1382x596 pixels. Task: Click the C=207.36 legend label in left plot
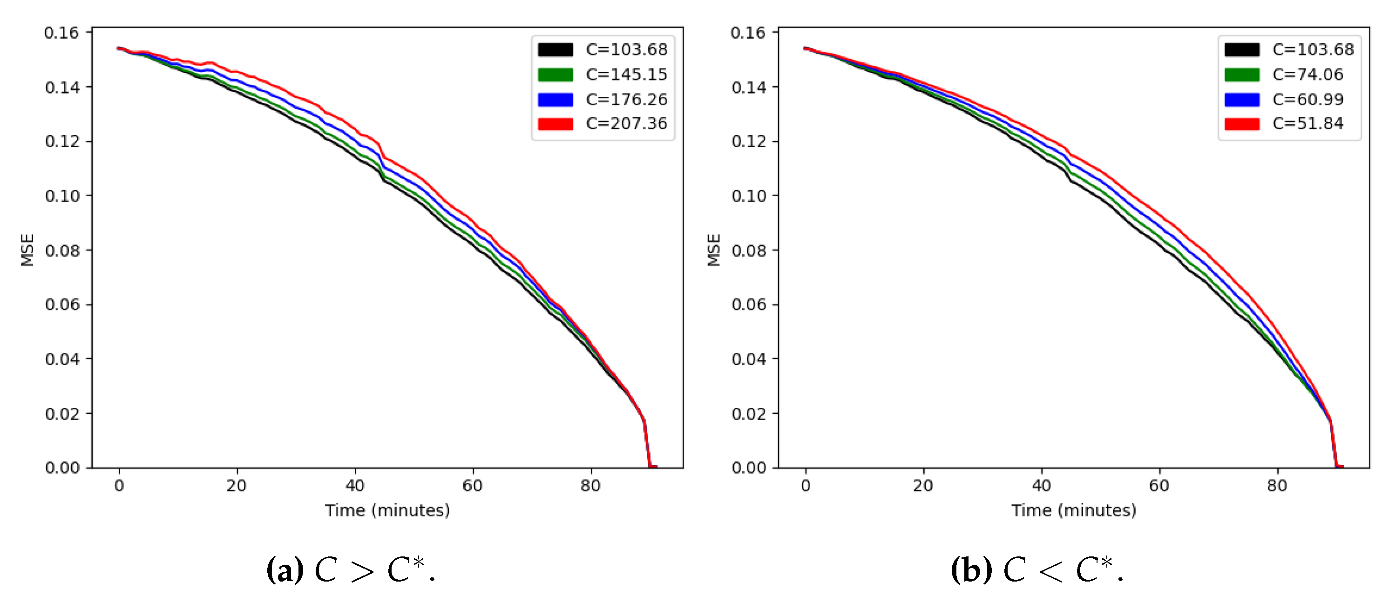626,124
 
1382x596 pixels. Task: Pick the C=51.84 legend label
1307,124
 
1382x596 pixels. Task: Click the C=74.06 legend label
1307,74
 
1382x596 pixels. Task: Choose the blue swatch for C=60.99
1241,100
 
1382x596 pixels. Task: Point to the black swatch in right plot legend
1241,50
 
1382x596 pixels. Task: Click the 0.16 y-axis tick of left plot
61,33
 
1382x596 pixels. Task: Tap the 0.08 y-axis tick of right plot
748,251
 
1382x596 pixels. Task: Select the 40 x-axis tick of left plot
355,486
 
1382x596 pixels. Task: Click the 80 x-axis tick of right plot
1277,486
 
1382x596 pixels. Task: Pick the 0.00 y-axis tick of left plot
61,468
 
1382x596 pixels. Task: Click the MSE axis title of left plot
27,250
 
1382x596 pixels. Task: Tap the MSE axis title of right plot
713,250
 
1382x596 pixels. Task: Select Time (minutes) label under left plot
387,510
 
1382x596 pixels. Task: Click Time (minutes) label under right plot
1074,510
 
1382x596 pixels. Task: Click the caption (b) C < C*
1036,570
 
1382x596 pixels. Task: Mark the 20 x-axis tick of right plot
923,486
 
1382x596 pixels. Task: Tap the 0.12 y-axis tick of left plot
61,142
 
